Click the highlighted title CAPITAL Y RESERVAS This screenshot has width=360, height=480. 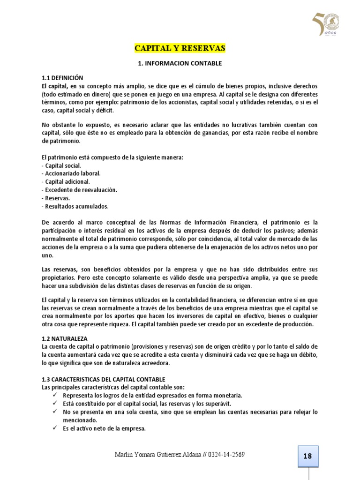point(180,48)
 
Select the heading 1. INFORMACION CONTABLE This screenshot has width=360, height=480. point(180,63)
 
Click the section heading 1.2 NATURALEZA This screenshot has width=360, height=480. point(64,338)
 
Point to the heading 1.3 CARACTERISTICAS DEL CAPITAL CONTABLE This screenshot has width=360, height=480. point(103,379)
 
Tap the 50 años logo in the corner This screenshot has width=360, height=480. point(326,24)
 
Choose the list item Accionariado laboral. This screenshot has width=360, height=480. point(71,173)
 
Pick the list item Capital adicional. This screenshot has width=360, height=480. point(66,181)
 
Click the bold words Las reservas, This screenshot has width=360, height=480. point(60,269)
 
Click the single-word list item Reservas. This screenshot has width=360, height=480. point(57,198)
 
